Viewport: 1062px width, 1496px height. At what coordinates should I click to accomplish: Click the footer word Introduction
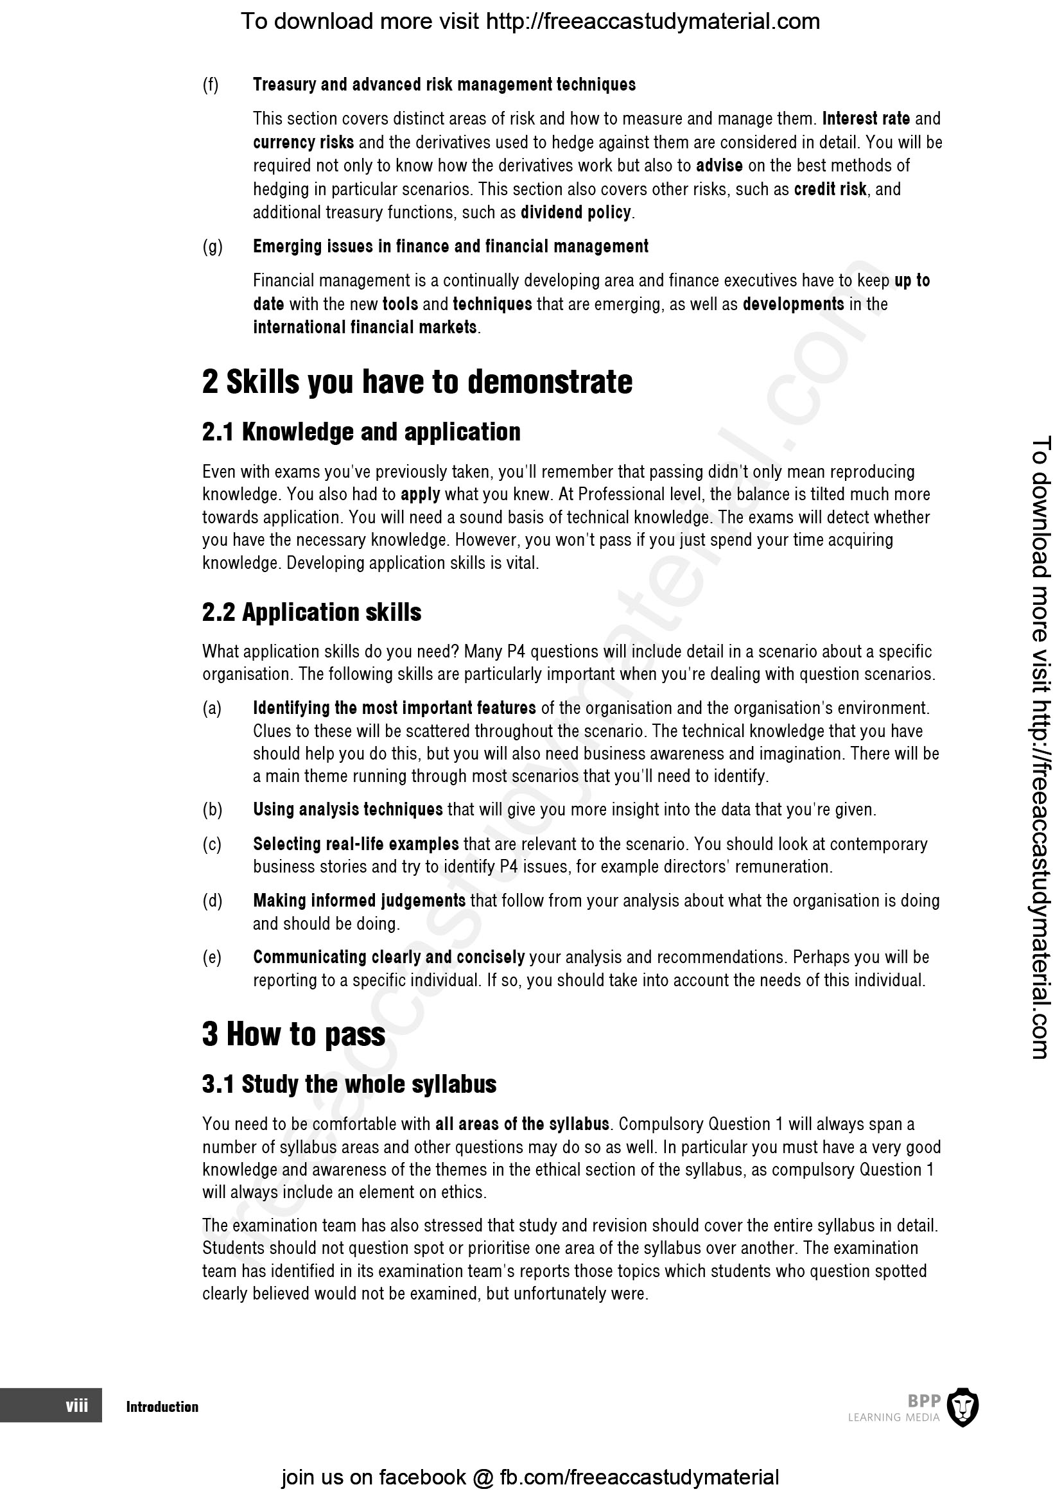162,1406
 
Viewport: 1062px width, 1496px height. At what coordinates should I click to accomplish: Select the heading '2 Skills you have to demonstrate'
417,382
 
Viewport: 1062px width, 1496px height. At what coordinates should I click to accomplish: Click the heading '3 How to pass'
293,1034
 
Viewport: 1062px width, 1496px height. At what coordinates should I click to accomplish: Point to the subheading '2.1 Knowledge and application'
361,432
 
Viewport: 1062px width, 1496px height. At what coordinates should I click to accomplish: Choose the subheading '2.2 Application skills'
311,612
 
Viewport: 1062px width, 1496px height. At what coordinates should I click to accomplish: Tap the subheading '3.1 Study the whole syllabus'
349,1083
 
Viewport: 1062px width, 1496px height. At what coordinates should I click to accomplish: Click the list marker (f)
211,85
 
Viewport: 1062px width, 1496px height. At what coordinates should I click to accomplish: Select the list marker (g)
213,247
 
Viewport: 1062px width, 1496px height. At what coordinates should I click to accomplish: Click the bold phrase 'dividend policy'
575,213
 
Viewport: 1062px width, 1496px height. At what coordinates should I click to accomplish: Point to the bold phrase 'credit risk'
830,189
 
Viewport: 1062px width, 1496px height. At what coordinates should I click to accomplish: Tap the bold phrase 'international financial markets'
365,327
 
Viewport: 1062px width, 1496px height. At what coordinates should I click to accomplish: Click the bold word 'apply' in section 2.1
420,494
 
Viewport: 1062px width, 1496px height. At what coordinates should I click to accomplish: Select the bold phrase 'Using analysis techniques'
348,810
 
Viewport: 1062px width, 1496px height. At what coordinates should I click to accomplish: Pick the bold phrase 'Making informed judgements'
359,900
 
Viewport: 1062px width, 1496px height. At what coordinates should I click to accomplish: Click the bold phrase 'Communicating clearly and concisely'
388,957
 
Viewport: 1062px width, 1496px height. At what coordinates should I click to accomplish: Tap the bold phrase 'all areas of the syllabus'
522,1124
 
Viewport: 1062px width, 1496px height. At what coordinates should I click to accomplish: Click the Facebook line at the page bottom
530,1476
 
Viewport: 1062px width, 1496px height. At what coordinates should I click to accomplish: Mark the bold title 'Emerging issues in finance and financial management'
451,247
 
